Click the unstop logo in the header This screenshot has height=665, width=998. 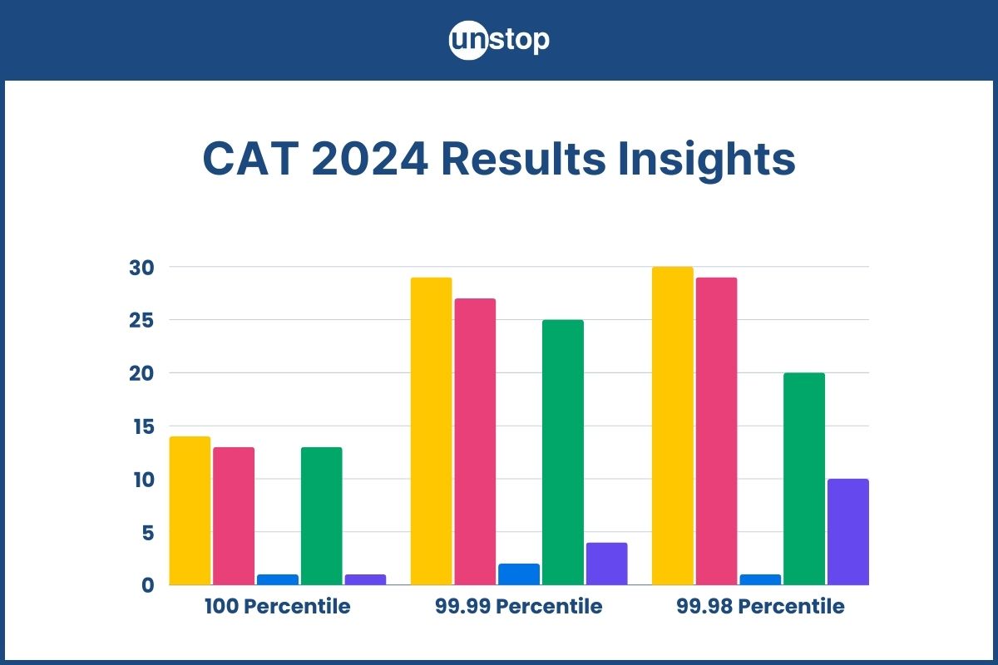(499, 41)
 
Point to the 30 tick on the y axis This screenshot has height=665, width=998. (141, 268)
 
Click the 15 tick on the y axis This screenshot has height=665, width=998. (141, 426)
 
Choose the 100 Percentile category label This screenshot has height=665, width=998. (277, 606)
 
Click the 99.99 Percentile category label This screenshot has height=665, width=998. (518, 606)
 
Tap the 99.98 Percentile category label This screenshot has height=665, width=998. (760, 606)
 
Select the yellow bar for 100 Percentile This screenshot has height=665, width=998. (190, 510)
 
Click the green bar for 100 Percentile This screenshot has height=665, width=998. (321, 515)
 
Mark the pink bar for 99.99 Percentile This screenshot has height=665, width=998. (475, 441)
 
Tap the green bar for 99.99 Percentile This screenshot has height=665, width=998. (563, 452)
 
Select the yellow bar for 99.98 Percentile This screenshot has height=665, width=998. (672, 426)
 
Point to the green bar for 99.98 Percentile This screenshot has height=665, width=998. (804, 479)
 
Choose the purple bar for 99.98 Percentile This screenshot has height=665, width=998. (848, 532)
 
